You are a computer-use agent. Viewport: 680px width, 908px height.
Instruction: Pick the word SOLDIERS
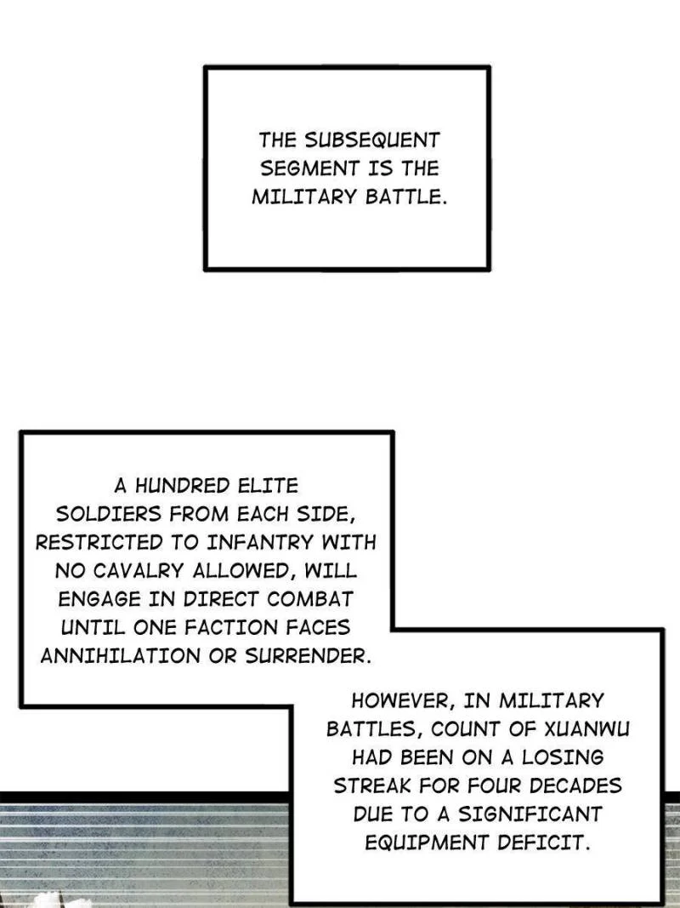click(x=107, y=514)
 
